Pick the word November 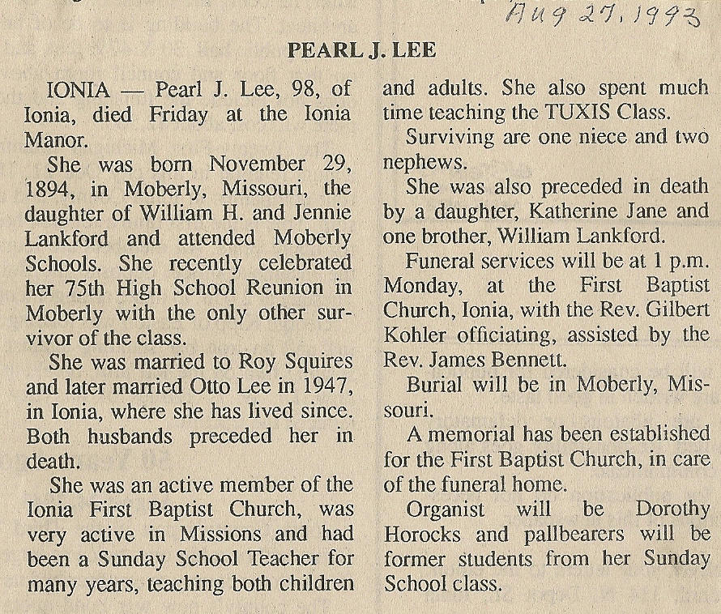[x=256, y=164]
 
